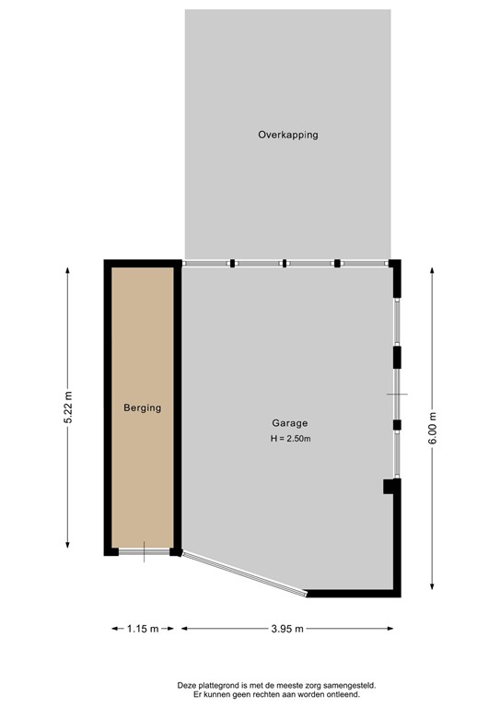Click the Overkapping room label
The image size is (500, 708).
pos(287,135)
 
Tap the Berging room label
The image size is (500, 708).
pos(143,407)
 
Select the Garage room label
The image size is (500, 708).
pos(290,424)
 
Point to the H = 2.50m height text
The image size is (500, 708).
pos(290,439)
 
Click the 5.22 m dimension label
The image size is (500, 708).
pos(67,407)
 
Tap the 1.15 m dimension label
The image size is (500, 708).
pos(143,629)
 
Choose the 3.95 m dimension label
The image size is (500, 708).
pos(287,629)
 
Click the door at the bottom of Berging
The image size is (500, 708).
pos(145,552)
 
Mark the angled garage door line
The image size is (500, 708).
pos(244,574)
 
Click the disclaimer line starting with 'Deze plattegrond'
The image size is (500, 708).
pos(277,685)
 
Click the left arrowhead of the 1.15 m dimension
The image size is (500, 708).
pos(115,629)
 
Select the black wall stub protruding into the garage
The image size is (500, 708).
pos(389,487)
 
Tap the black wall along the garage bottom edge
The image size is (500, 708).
pos(355,594)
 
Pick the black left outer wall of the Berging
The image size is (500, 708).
pos(108,406)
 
